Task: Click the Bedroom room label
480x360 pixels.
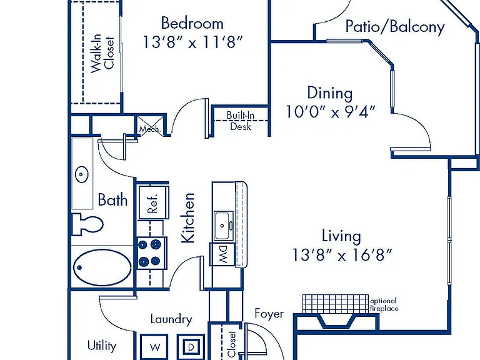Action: pos(192,24)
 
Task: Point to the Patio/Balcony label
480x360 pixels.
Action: pos(395,27)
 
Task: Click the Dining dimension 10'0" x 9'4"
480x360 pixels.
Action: pos(331,112)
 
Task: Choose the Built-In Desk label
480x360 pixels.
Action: pos(240,121)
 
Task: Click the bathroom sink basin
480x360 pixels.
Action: pos(82,174)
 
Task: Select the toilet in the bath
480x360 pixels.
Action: pos(87,224)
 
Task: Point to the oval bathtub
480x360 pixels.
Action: pos(102,267)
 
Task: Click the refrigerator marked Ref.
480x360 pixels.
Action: pos(154,202)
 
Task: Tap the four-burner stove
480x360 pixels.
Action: pos(152,253)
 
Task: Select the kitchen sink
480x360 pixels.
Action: pos(224,226)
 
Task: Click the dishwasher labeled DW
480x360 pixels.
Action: pos(222,254)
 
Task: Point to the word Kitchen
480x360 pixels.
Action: pos(188,217)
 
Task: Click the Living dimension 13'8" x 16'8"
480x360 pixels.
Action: pos(342,254)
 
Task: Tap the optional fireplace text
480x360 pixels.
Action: pos(384,304)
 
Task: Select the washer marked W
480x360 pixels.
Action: pos(154,347)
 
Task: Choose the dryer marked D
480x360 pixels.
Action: pos(191,347)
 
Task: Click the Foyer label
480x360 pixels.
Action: pos(269,314)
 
